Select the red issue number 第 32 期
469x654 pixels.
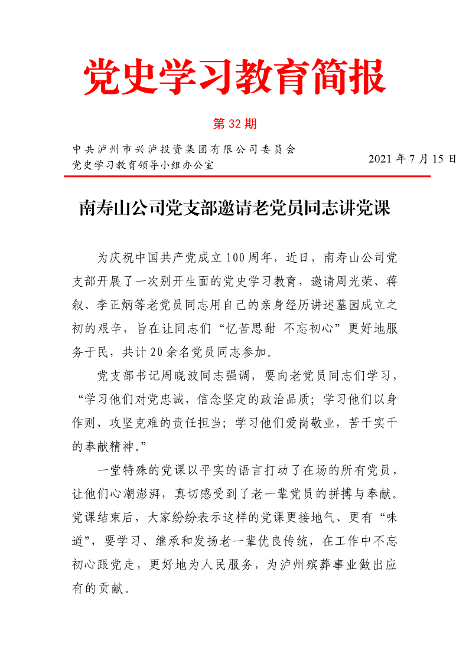tap(234, 124)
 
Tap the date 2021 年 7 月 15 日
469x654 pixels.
tap(412, 159)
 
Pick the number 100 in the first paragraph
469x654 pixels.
tap(235, 258)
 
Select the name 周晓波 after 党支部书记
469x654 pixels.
tap(181, 376)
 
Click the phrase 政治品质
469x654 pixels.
tap(287, 400)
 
